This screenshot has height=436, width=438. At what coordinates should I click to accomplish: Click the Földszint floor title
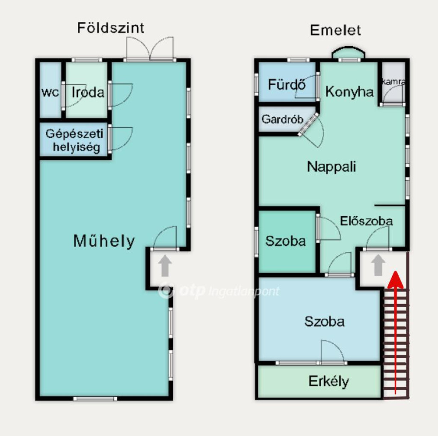111,28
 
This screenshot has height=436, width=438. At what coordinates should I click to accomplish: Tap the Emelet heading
335,30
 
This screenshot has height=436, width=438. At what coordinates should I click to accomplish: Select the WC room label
50,92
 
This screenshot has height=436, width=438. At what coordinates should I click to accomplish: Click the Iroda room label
88,92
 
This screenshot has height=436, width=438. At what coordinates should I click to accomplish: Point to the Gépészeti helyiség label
74,140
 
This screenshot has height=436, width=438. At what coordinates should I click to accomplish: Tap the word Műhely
104,241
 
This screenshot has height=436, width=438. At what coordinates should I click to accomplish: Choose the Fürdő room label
287,84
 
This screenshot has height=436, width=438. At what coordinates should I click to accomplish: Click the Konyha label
349,92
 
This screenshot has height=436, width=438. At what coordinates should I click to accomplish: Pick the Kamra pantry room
394,82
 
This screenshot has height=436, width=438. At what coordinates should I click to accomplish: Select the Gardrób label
282,119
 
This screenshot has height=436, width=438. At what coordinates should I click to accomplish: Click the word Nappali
331,167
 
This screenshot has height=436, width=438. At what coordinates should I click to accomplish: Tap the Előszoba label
366,221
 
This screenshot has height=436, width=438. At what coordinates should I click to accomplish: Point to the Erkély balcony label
329,382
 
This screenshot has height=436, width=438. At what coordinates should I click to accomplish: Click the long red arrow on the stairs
396,332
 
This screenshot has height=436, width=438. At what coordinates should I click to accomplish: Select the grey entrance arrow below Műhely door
165,266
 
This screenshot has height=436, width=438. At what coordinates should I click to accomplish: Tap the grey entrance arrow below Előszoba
378,265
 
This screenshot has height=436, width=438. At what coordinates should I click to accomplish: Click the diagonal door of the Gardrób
308,125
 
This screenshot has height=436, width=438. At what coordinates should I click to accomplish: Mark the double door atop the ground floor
150,49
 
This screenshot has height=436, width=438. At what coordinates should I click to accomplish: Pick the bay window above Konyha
348,53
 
